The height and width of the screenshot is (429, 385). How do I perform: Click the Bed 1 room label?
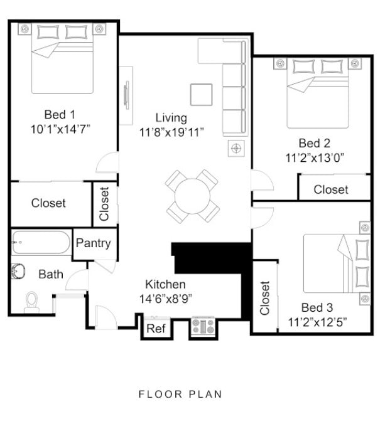point(60,114)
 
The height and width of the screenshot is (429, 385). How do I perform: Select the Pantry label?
point(93,243)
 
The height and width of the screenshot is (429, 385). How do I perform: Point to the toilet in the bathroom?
point(31,302)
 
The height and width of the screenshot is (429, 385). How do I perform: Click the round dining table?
point(192,196)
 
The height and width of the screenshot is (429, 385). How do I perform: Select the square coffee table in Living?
point(202,94)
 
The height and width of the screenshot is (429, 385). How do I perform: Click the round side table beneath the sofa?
point(236,148)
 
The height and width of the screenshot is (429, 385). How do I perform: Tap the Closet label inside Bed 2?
point(330,189)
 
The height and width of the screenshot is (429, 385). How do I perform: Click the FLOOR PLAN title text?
point(180,395)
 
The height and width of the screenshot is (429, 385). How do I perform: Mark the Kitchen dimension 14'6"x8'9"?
point(165,299)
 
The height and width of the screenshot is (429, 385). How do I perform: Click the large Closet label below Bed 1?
point(48,204)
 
